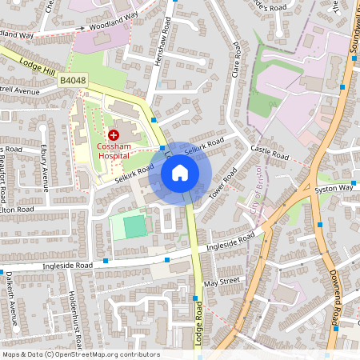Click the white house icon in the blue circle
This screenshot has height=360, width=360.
pos(180,173)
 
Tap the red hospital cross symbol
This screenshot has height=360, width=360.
pos(113,135)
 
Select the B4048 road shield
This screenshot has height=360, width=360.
pos(73,81)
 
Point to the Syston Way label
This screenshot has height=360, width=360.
pos(334,188)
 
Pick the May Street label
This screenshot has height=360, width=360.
pos(222,282)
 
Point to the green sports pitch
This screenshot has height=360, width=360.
pos(135,226)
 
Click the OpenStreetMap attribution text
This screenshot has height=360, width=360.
pos(80,354)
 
